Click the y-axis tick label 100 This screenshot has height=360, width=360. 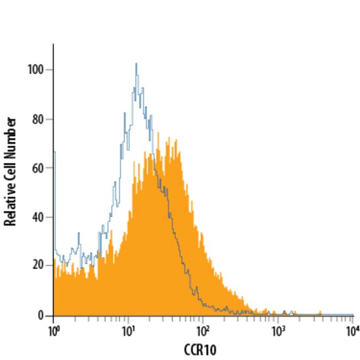37,70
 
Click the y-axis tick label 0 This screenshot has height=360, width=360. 42,315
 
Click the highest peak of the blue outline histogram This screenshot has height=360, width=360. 136,64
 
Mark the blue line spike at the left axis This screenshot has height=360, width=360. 54,152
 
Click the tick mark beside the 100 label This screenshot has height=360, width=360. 50,70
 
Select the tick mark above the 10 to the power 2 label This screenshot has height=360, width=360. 203,318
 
